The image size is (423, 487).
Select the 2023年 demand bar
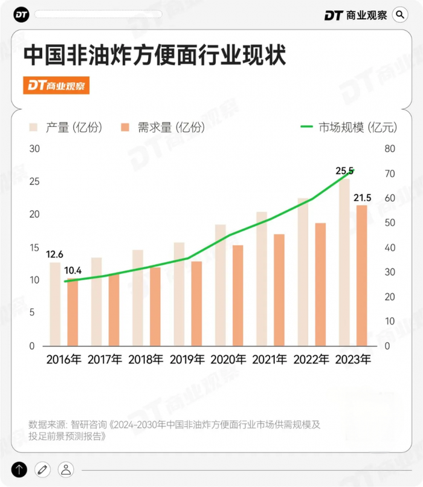click(x=362, y=276)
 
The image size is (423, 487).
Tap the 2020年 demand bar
click(x=238, y=295)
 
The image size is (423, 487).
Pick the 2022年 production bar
click(x=303, y=272)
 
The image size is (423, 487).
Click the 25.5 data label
click(x=345, y=171)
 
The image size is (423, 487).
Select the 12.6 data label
click(x=54, y=254)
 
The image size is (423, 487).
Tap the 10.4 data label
click(x=73, y=270)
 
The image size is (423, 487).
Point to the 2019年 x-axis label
click(x=187, y=360)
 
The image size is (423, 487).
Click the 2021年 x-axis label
click(x=270, y=360)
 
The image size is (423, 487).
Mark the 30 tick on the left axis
click(x=34, y=149)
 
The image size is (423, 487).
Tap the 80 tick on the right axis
click(x=390, y=149)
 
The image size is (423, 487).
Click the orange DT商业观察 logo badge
click(x=57, y=86)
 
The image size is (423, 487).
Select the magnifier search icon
click(x=400, y=15)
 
